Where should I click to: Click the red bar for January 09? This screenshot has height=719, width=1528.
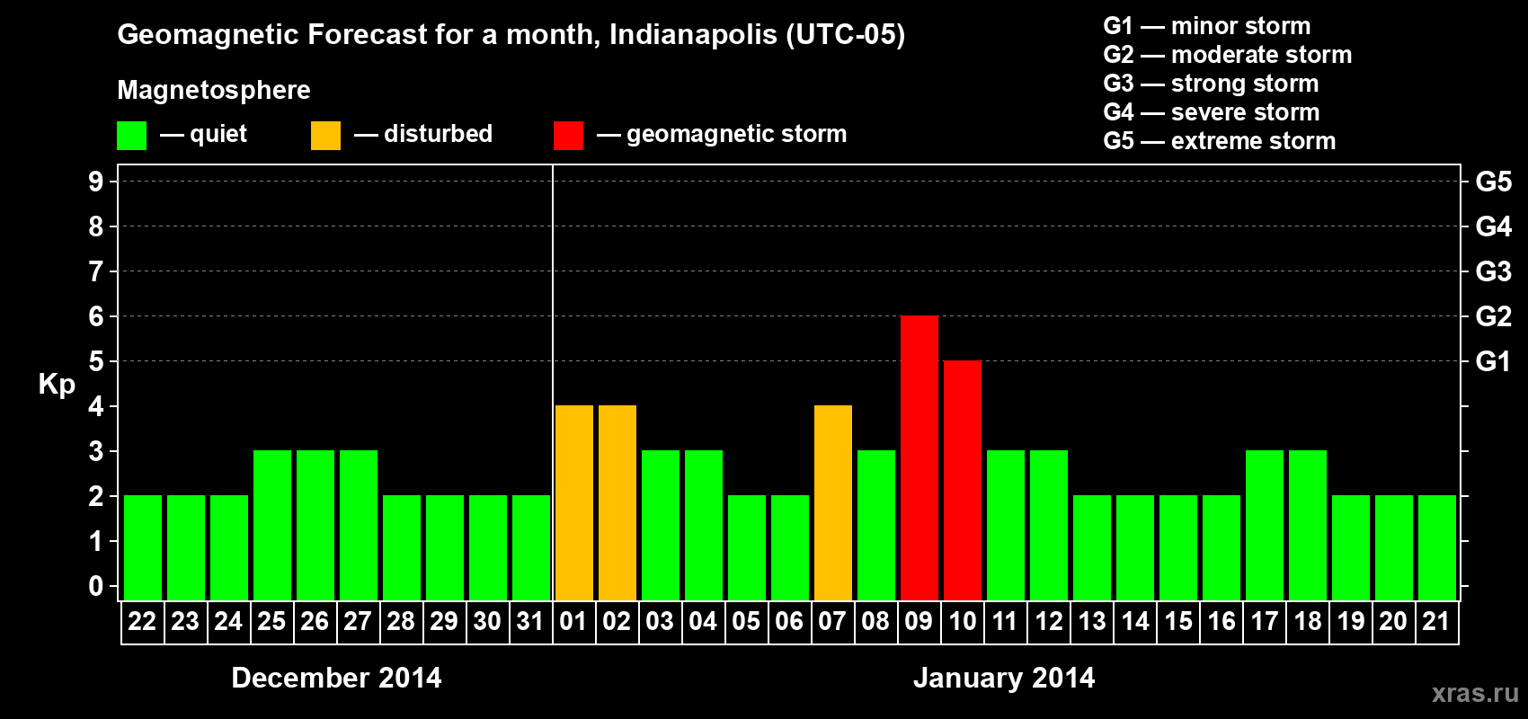pyautogui.click(x=919, y=457)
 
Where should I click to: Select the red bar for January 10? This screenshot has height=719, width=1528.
pyautogui.click(x=963, y=480)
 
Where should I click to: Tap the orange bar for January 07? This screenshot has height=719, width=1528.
pyautogui.click(x=833, y=502)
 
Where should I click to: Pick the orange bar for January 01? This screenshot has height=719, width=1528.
pyautogui.click(x=574, y=502)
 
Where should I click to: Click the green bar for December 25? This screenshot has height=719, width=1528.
pyautogui.click(x=272, y=525)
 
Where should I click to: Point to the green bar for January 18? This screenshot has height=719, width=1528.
pyautogui.click(x=1308, y=525)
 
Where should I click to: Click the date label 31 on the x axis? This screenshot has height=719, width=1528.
pyautogui.click(x=530, y=621)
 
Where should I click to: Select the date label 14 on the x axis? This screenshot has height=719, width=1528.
pyautogui.click(x=1135, y=621)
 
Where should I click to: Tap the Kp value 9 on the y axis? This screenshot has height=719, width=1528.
pyautogui.click(x=96, y=182)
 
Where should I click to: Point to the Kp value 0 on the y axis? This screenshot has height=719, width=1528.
pyautogui.click(x=96, y=586)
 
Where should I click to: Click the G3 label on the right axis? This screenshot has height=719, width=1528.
pyautogui.click(x=1493, y=271)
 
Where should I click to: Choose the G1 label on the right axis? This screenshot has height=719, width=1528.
pyautogui.click(x=1493, y=361)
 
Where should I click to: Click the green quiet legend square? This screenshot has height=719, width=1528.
pyautogui.click(x=131, y=136)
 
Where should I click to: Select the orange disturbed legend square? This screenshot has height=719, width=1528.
pyautogui.click(x=325, y=136)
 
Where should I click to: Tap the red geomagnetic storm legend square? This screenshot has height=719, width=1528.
pyautogui.click(x=568, y=136)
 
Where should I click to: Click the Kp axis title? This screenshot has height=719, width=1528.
pyautogui.click(x=57, y=384)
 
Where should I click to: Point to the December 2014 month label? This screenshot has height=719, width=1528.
pyautogui.click(x=336, y=678)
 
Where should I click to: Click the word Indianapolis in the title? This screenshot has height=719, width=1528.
pyautogui.click(x=693, y=35)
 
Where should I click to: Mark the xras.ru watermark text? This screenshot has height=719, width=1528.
pyautogui.click(x=1475, y=693)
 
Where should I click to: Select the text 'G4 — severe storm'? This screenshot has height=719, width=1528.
pyautogui.click(x=1211, y=112)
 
